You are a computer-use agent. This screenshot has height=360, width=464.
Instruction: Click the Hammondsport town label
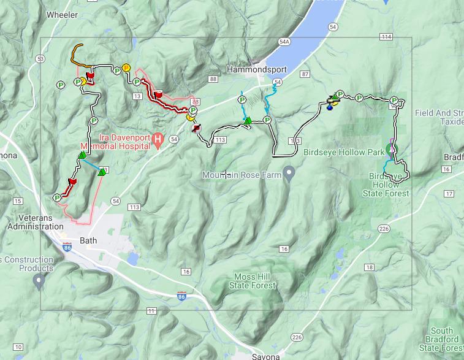pyautogui.click(x=257, y=70)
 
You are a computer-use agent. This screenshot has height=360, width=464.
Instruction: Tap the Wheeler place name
pyautogui.click(x=61, y=14)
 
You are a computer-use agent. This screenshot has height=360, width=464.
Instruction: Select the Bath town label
pyautogui.click(x=89, y=240)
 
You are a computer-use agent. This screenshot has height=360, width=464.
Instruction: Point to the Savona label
pyautogui.click(x=265, y=356)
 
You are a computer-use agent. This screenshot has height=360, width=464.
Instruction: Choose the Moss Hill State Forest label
pyautogui.click(x=253, y=281)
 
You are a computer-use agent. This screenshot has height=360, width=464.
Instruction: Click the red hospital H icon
pyautogui.click(x=158, y=141)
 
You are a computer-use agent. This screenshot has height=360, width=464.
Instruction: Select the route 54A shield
pyautogui.click(x=284, y=42)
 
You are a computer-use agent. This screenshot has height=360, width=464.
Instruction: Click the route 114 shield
pyautogui.click(x=386, y=37)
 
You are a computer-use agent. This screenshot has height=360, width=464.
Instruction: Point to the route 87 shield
pyautogui.click(x=305, y=74)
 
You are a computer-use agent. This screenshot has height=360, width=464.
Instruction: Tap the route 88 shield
pyautogui.click(x=213, y=79)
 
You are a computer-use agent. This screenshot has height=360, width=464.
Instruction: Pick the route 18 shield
pyautogui.click(x=369, y=267)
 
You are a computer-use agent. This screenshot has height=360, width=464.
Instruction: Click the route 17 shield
pyautogui.click(x=449, y=194)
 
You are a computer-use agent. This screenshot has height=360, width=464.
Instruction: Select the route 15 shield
pyautogui.click(x=17, y=201)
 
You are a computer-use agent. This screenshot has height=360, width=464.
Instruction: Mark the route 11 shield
pyautogui.click(x=151, y=311)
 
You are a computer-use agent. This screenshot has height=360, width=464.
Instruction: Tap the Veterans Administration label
pyautogui.click(x=36, y=222)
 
